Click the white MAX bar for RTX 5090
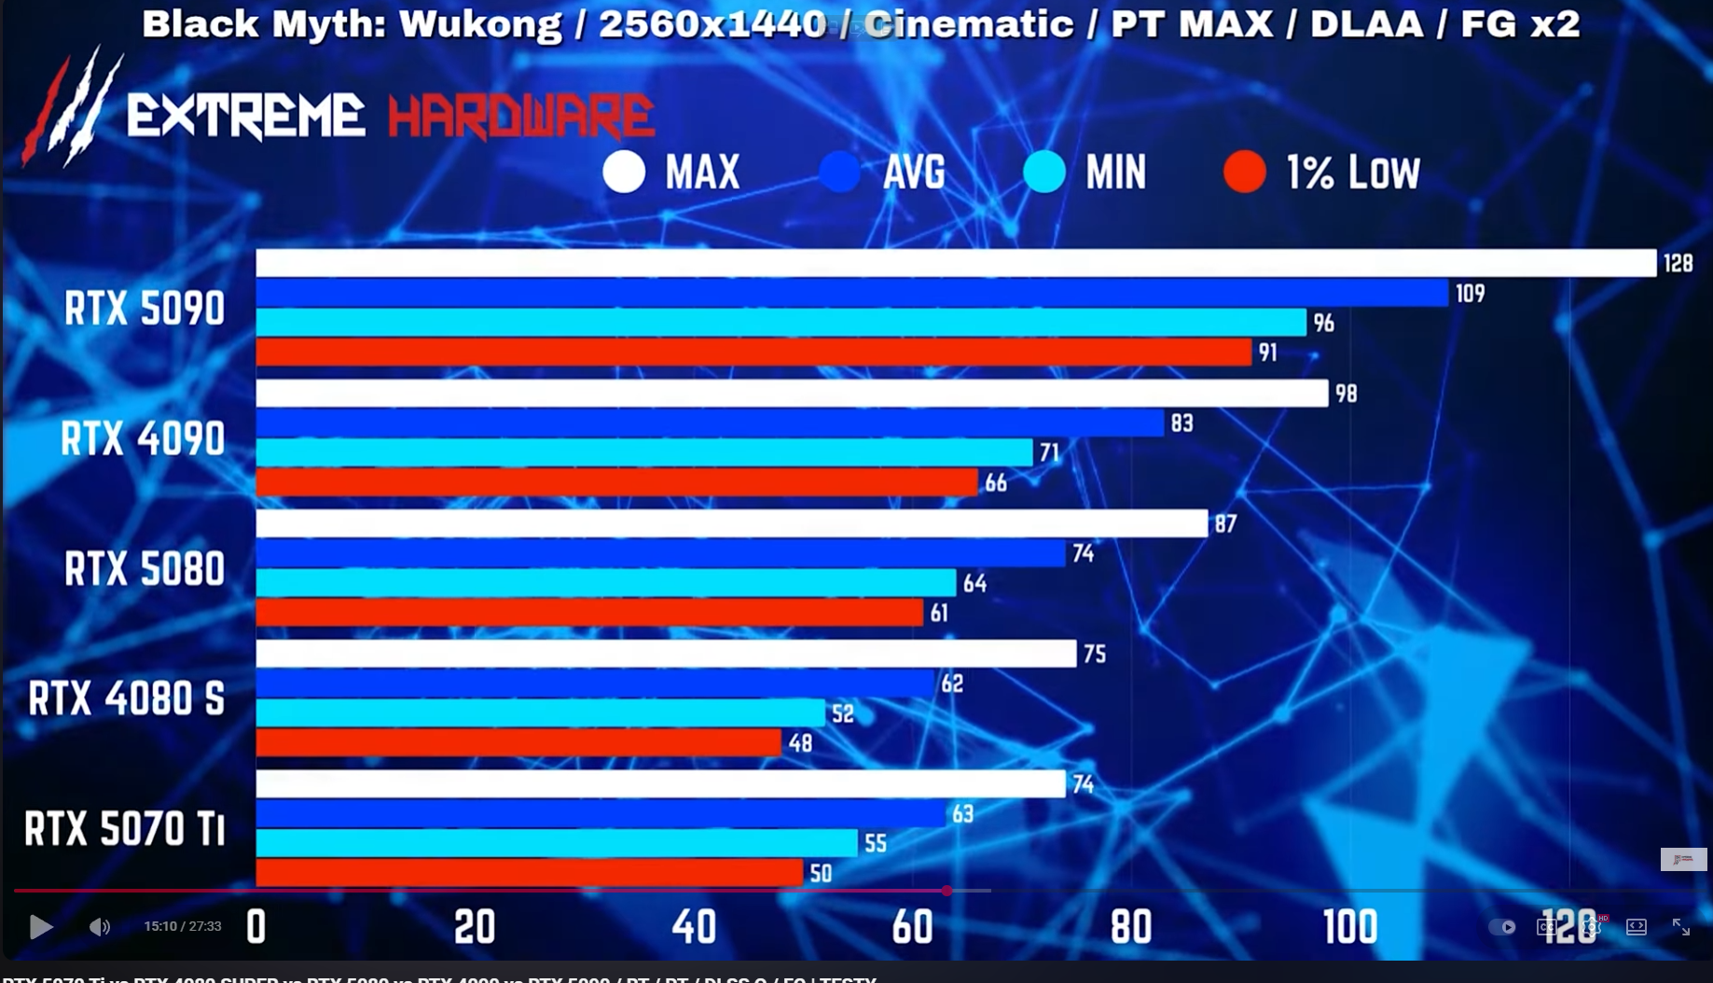pyautogui.click(x=956, y=263)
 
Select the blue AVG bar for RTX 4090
pyautogui.click(x=710, y=423)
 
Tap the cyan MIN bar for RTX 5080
pyautogui.click(x=606, y=583)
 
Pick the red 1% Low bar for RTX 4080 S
pyautogui.click(x=518, y=743)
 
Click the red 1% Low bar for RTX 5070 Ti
pyautogui.click(x=529, y=873)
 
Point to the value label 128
pyautogui.click(x=1678, y=264)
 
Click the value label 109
pyautogui.click(x=1470, y=294)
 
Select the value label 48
pyautogui.click(x=800, y=743)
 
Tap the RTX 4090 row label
pyautogui.click(x=143, y=438)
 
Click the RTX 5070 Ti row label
pyautogui.click(x=125, y=828)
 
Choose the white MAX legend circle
pyautogui.click(x=624, y=172)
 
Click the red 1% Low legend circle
pyautogui.click(x=1244, y=172)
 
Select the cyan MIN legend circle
pyautogui.click(x=1043, y=172)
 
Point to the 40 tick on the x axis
pyautogui.click(x=694, y=927)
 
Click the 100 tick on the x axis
pyautogui.click(x=1349, y=927)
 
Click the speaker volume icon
pyautogui.click(x=99, y=926)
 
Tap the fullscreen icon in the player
pyautogui.click(x=1680, y=926)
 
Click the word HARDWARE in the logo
pyautogui.click(x=520, y=117)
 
